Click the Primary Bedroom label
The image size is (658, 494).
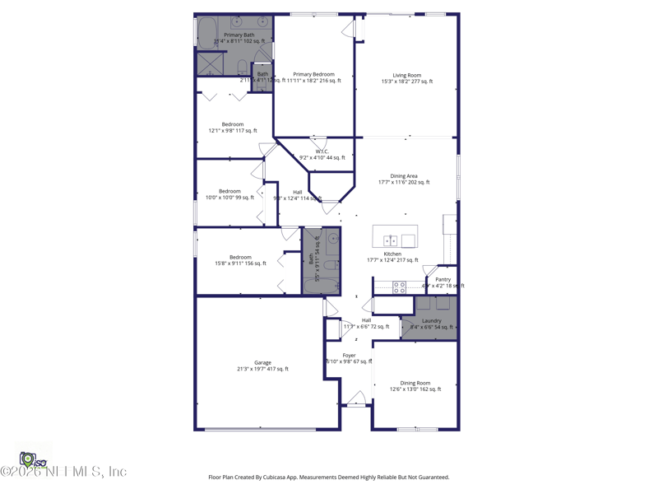coord(313,75)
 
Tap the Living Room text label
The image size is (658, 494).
coord(406,76)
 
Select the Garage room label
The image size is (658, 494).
coord(262,362)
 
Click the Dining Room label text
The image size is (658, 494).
coord(415,383)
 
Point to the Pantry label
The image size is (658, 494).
coord(443,280)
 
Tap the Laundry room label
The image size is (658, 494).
coord(432,321)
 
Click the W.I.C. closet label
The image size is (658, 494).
coord(322,151)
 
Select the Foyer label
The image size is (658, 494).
coord(350,356)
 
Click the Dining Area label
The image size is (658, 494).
coord(404,176)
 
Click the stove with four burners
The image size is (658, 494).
coord(399,287)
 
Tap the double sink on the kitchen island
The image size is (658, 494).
coord(392,240)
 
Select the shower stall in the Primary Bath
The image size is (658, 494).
coord(209,64)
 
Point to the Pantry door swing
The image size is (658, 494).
coord(430,270)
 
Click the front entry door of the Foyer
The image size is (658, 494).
coord(355,401)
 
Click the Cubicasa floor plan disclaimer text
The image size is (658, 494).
coord(329,477)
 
